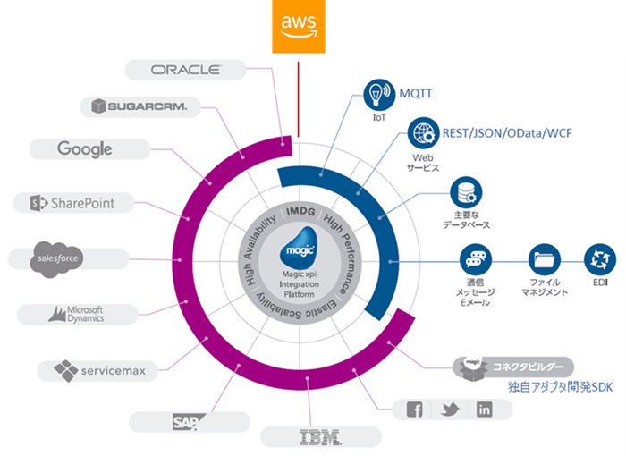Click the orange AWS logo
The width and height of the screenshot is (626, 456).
298,23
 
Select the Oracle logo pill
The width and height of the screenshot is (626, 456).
185,70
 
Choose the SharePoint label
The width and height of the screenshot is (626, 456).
72,203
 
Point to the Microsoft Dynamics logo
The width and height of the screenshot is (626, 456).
78,313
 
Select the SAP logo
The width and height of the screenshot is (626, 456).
188,420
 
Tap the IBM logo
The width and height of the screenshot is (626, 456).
320,436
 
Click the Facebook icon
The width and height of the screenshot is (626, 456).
415,410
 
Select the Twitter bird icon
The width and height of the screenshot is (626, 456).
450,410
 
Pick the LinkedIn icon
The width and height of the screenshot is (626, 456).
484,410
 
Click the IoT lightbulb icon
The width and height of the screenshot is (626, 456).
378,92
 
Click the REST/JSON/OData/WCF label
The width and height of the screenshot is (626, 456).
507,133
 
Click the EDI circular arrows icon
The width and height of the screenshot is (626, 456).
598,260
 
